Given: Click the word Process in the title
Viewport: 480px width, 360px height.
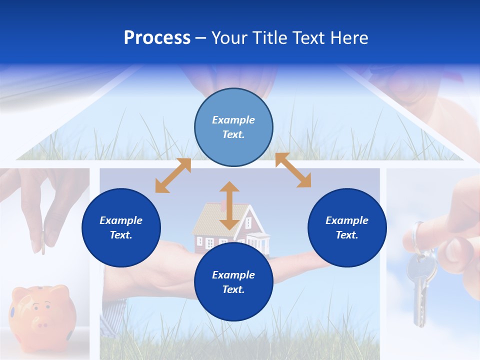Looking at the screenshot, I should pos(157,38).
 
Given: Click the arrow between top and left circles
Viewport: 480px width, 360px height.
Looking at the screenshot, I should pos(173,175).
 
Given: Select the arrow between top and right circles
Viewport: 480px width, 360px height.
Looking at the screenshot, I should pos(293,170).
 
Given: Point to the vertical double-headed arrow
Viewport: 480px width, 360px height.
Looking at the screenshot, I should pos(229,205).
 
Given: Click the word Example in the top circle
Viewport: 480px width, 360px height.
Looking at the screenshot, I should pos(233,120).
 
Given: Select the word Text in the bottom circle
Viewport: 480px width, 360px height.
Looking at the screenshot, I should pos(233,289).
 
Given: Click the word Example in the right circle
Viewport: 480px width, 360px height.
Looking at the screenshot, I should pos(347,220).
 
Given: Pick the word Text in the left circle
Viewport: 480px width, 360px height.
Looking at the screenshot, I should pos(121,235).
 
